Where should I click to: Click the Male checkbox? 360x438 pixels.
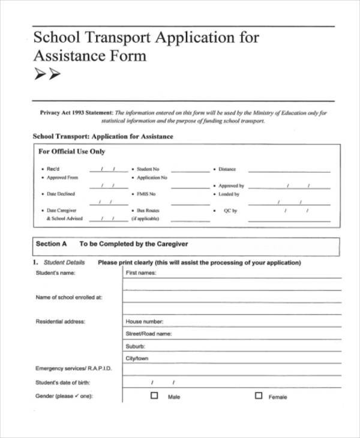point(154,396)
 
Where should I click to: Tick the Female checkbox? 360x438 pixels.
point(259,396)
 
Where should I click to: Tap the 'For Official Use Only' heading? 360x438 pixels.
point(71,152)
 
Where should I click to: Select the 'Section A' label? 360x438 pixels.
point(48,244)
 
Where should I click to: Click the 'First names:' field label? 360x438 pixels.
point(140,273)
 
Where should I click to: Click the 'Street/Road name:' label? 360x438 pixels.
point(148,334)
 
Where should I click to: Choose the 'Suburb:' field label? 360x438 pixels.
point(135,346)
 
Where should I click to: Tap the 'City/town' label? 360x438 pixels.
point(137,359)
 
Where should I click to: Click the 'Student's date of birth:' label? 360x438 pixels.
point(62,383)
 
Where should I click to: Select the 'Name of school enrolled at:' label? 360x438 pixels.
point(69,297)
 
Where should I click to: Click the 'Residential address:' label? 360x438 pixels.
point(61,322)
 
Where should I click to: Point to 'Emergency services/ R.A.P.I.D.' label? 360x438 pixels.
point(74,368)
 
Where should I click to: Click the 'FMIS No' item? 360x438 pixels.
point(146,194)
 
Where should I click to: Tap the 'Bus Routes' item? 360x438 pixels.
point(148,211)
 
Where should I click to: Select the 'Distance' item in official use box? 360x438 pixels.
point(227,169)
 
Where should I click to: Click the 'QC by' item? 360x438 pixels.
point(230,211)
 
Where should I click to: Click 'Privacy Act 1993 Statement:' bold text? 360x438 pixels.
point(76,112)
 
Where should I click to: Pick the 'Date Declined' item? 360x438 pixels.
point(61,194)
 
